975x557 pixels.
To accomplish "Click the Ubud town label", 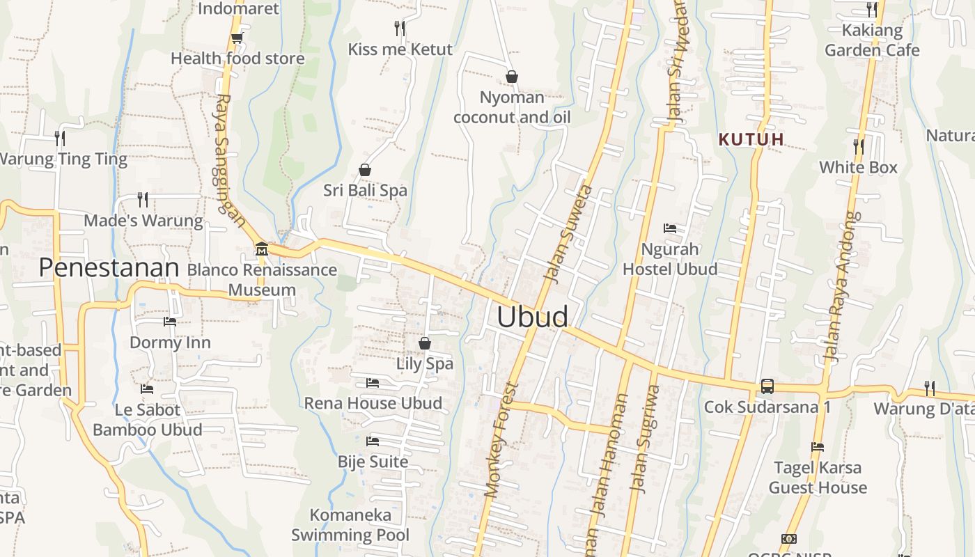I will pos(532,317).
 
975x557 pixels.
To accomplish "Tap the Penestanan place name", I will pos(109,267).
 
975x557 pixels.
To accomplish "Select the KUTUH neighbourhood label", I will pos(751,139).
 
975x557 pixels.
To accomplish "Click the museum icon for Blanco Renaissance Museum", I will pos(262,249).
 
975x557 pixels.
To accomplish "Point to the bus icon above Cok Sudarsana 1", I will pos(767,386).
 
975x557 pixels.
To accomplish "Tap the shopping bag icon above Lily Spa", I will pos(425,343).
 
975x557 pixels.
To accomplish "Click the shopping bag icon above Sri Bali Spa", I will pos(364,170).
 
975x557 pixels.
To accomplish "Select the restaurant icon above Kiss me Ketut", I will pos(400,29).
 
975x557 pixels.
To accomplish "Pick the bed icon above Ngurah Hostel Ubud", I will pos(669,228).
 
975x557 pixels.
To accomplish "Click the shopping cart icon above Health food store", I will pos(237,38).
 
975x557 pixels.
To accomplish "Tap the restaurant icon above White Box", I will pos(859,147).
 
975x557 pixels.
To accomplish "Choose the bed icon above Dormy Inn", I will pos(169,322).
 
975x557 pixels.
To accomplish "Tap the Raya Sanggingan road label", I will pos(228,160).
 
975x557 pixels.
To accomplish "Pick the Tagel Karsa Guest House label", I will pos(818,478).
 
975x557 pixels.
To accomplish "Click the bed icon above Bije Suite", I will pos(373,441).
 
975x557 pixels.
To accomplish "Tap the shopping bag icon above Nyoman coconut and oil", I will pos(512,77).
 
